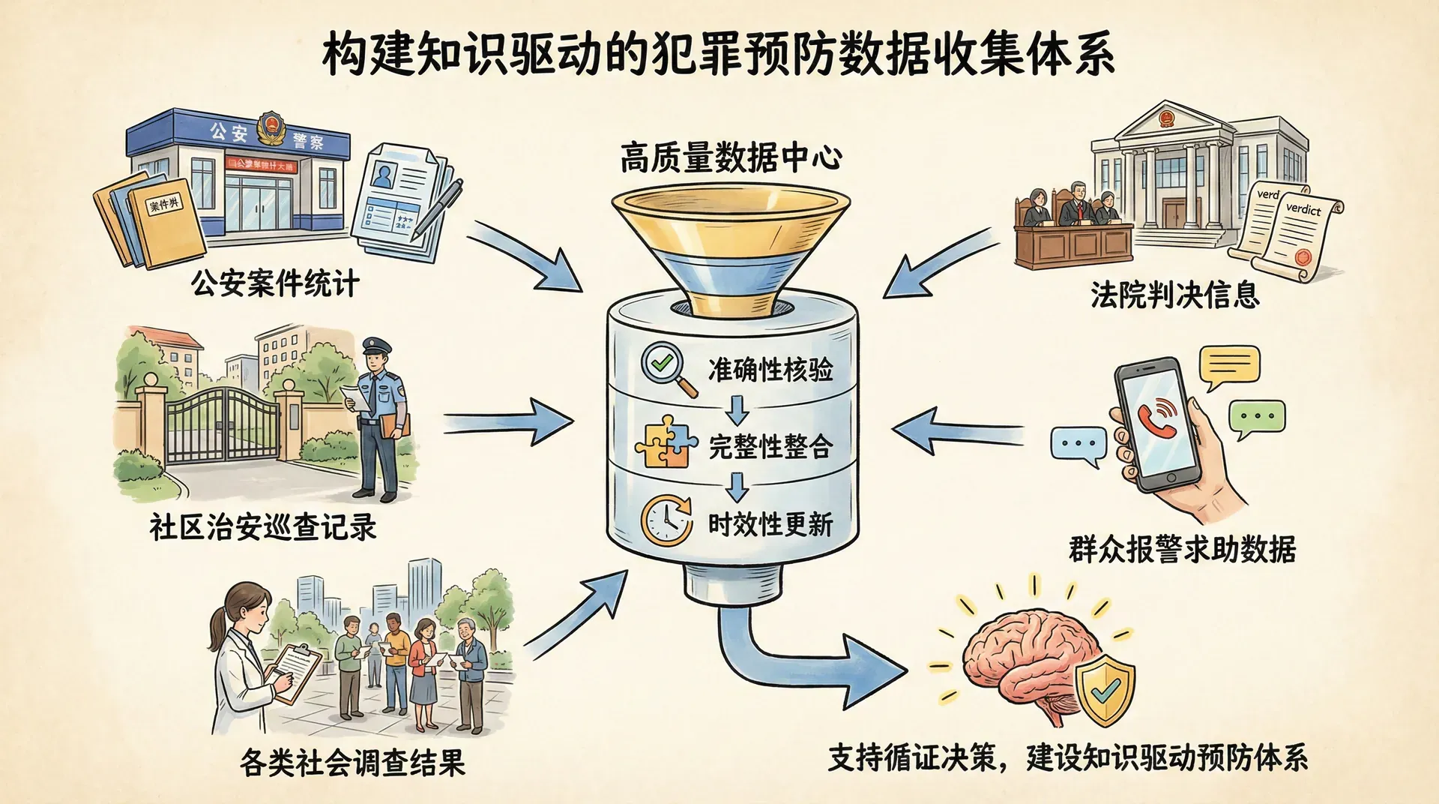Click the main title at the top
click(718, 54)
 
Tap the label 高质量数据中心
click(731, 158)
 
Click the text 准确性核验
click(770, 370)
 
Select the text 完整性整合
click(770, 447)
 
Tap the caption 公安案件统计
click(275, 284)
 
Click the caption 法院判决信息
click(1174, 295)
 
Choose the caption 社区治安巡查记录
click(262, 527)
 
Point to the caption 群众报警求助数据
click(1182, 550)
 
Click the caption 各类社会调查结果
click(352, 763)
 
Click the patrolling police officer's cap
click(376, 346)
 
